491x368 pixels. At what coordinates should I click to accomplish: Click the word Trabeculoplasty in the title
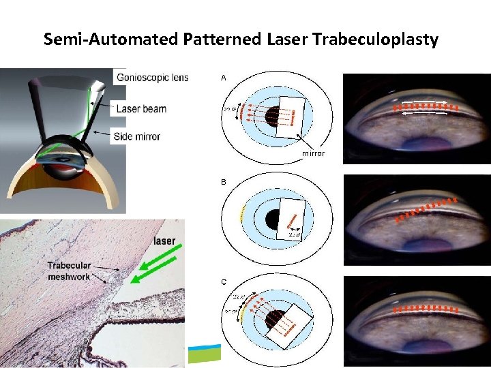coord(376,40)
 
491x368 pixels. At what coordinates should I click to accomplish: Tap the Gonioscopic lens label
coord(152,77)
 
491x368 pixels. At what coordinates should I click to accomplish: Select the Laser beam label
coord(141,108)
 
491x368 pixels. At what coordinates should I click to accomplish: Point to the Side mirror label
coord(138,136)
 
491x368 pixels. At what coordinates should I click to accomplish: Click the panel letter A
coord(223,78)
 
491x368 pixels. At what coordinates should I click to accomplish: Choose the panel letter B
coord(223,183)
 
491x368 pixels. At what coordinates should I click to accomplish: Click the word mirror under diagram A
coord(313,153)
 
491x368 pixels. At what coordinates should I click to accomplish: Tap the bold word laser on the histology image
coord(164,241)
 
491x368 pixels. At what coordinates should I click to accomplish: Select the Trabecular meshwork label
coord(69,271)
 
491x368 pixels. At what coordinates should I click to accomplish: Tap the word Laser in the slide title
coord(286,40)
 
